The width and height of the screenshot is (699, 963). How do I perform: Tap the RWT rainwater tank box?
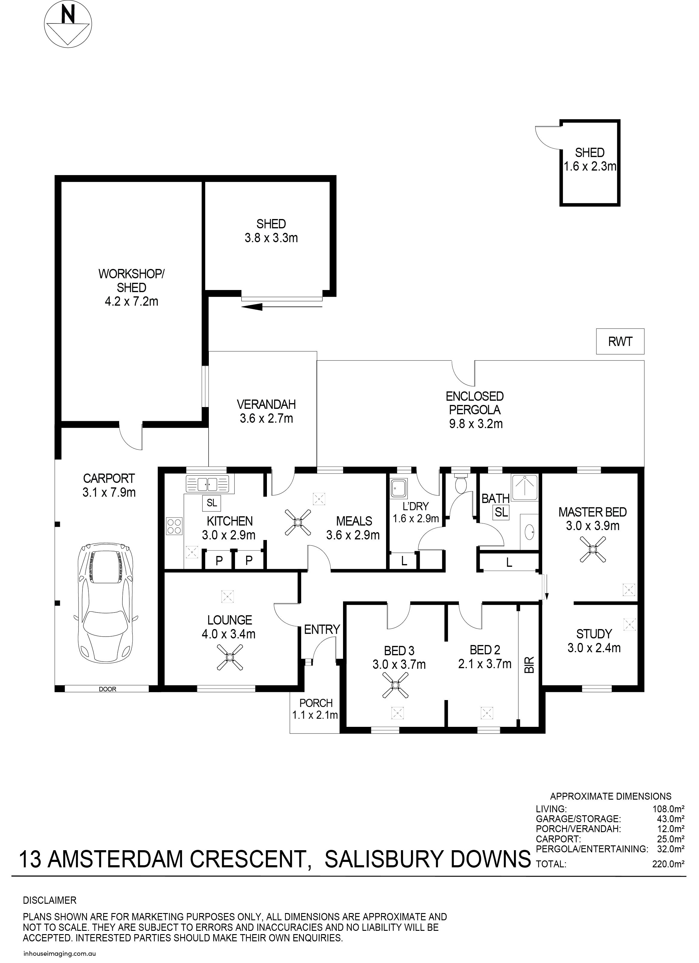(x=620, y=341)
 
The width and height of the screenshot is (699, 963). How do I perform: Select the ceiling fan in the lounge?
(x=230, y=657)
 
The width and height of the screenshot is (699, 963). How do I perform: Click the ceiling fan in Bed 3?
(x=395, y=685)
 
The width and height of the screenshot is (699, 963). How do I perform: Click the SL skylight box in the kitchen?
(x=212, y=503)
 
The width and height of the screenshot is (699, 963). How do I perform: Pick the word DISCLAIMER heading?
(x=50, y=900)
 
